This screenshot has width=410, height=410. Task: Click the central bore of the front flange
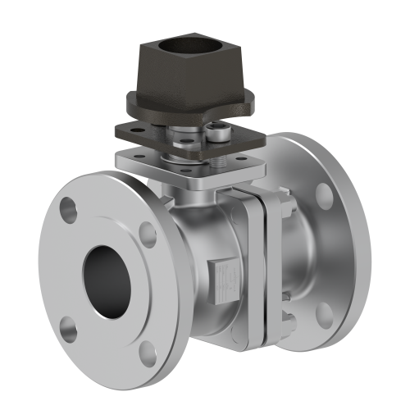coord(107,277)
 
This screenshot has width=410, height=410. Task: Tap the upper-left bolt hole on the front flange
coord(69,211)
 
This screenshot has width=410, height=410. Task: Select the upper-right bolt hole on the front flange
coord(148,233)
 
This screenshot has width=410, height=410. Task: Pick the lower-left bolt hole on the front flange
coord(70,330)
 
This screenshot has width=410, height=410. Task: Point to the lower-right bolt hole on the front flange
coord(148,353)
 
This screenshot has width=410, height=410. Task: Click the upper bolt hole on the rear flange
coord(325,194)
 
